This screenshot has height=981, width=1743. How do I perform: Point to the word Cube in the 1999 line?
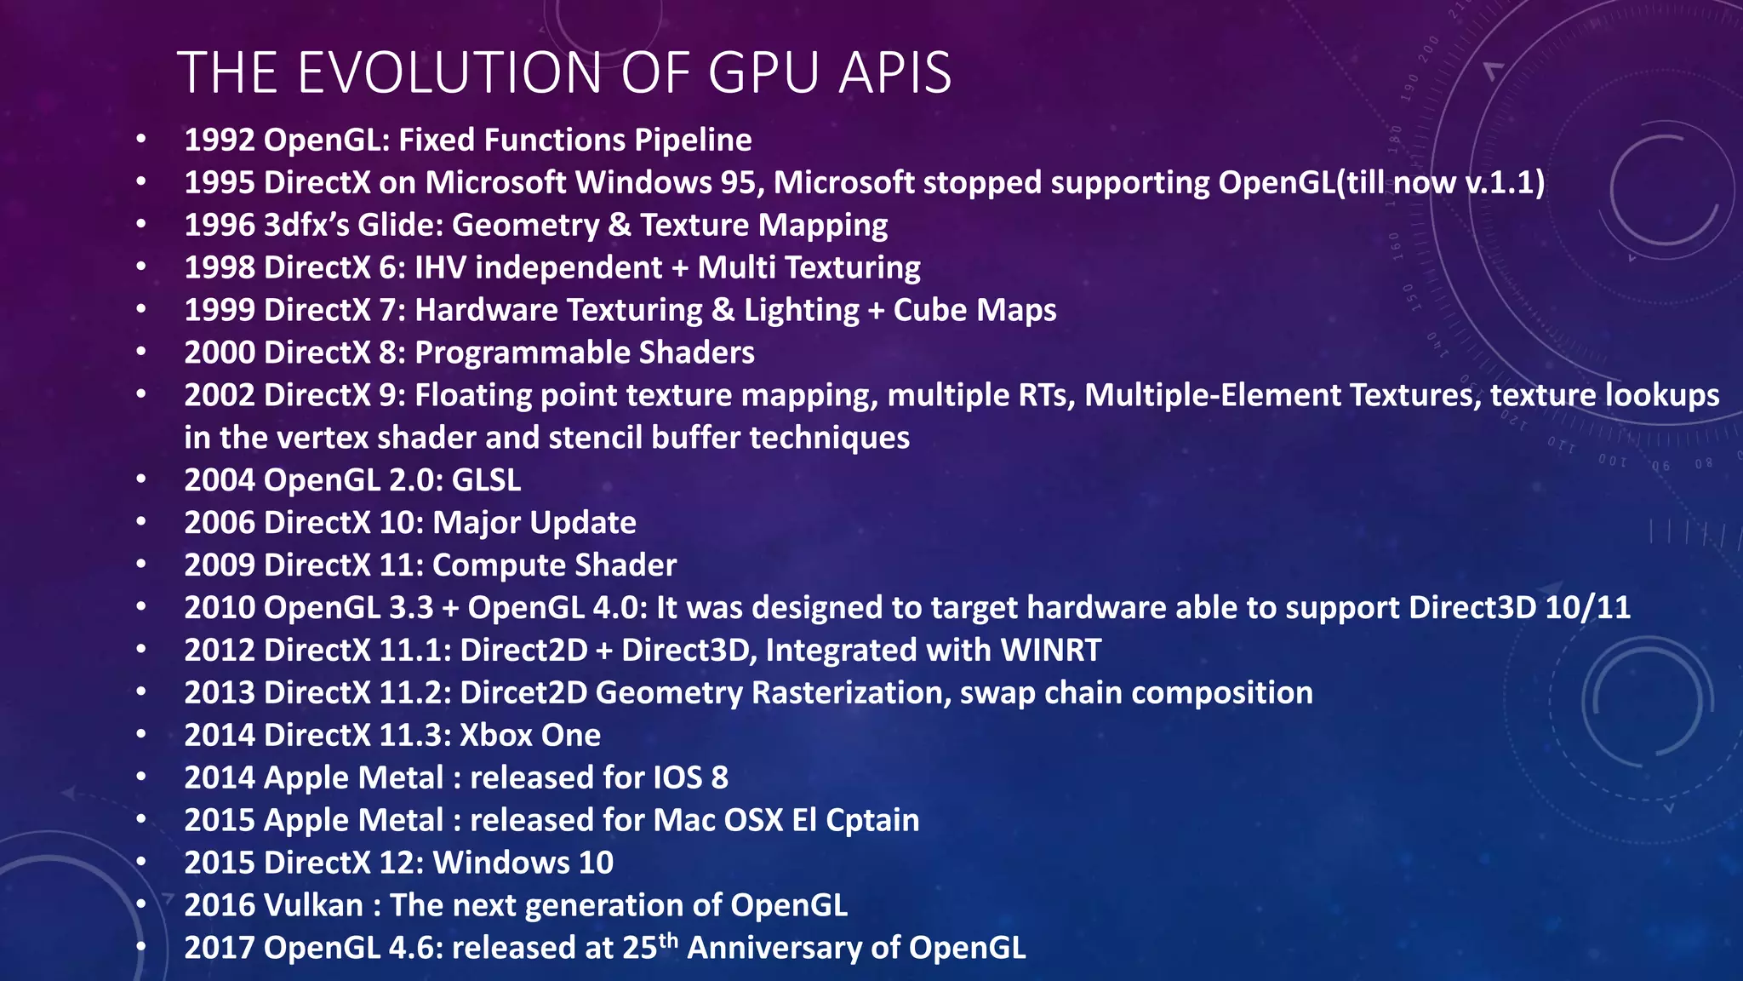(929, 310)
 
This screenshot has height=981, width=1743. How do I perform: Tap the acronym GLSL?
(486, 480)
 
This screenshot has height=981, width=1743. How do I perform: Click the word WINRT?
(1051, 651)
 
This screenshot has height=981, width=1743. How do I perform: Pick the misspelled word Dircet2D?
(523, 693)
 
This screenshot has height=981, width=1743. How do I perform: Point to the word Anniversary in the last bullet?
(789, 948)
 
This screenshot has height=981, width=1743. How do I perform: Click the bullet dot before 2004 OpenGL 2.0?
(141, 479)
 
